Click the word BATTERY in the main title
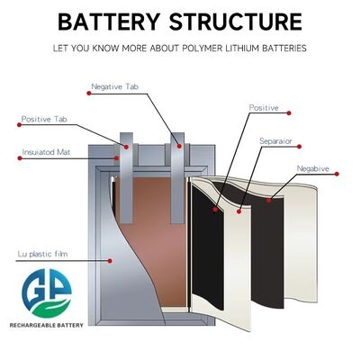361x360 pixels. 108,22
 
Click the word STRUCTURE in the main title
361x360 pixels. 236,22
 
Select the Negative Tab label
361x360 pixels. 114,86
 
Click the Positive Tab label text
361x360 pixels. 44,119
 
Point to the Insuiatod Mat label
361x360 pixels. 46,152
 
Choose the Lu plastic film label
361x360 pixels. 43,254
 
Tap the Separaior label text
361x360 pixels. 275,141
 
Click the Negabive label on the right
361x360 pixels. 312,168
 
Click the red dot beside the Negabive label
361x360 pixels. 337,174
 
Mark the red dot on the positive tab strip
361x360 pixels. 126,147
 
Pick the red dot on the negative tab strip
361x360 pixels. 179,146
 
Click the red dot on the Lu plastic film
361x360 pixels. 110,261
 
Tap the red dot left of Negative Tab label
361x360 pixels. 89,94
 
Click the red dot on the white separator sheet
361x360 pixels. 239,211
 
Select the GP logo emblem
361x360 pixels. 47,293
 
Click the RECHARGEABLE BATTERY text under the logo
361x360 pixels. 47,325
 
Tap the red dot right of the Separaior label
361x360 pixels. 299,147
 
